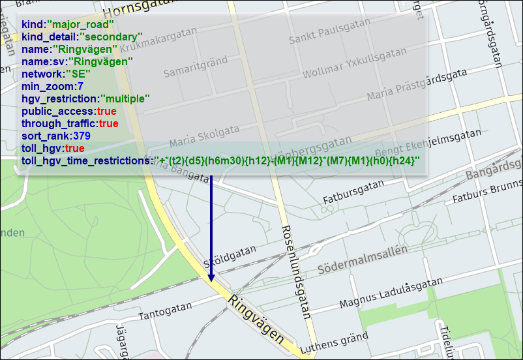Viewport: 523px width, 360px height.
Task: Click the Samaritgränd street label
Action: pos(195,66)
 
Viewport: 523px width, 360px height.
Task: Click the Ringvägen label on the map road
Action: pos(257,320)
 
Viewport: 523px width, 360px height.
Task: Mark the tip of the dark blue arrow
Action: pos(211,281)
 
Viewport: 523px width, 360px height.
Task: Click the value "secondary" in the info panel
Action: pos(112,37)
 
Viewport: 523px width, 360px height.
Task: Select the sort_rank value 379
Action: pos(82,136)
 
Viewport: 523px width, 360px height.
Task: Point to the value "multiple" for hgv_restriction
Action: pos(125,98)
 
